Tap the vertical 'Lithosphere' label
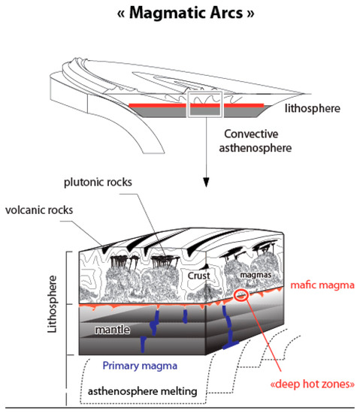tap(52, 302)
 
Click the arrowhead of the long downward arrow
tap(204, 183)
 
